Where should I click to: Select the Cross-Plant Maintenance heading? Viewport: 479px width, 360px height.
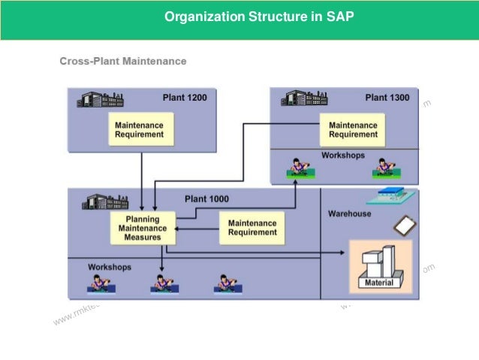coord(123,61)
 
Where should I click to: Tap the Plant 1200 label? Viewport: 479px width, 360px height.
coord(185,97)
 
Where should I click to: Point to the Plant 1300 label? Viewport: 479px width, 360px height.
coord(387,97)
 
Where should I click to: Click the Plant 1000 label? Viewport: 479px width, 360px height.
coord(206,199)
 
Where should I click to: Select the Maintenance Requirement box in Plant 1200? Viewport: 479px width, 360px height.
coord(139,129)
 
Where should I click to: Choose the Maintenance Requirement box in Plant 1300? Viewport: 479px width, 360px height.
coord(353,129)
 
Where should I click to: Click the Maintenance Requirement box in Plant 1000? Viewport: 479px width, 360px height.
coord(252,228)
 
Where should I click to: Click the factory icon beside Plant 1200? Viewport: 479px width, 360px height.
coord(101,98)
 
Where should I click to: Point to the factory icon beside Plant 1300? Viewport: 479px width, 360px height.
coord(303,98)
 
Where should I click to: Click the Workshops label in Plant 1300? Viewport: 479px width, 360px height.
coord(343,156)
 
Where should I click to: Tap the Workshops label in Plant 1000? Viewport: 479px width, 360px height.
coord(110,267)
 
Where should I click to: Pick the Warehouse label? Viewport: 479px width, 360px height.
coord(349,213)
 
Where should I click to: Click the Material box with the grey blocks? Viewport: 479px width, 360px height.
coord(381,267)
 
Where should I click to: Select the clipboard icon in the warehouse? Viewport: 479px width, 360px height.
coord(402,224)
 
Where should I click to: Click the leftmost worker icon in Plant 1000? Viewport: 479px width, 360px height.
coord(98,283)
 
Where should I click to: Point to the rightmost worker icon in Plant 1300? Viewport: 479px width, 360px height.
coord(385,167)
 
